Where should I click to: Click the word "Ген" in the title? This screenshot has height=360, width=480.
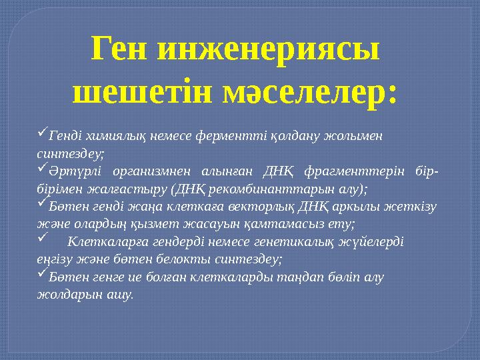point(121,50)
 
